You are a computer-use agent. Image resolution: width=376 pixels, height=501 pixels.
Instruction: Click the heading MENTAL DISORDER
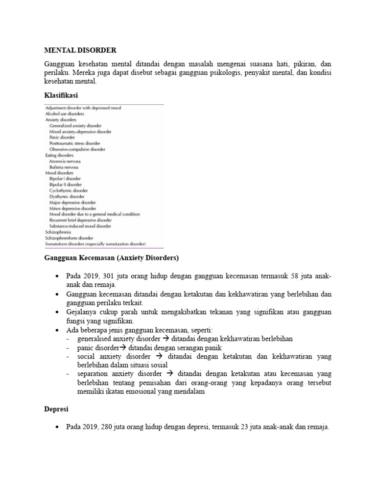tap(81, 50)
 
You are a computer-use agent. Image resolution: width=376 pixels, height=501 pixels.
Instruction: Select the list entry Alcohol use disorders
tap(65, 114)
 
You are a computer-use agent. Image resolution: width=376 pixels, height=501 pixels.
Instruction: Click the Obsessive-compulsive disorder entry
tap(77, 149)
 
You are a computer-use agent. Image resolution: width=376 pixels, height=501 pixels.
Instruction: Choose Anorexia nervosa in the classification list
tap(65, 161)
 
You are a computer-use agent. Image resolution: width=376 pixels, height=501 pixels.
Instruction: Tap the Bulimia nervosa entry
tap(64, 167)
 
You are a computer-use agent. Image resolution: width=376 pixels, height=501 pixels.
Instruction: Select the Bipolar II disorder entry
tap(66, 184)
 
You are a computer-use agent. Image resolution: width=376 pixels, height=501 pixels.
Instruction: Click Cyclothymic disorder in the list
tap(69, 190)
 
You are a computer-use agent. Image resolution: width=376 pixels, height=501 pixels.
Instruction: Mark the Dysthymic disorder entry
tap(67, 196)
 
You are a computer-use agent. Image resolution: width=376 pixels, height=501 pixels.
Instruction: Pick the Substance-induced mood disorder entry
tap(80, 226)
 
